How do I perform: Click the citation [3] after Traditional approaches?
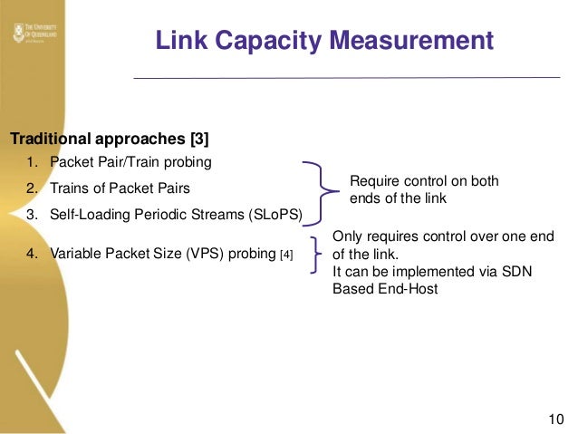(x=195, y=140)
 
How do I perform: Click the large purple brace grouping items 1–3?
(x=320, y=189)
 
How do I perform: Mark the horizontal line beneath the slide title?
(x=346, y=78)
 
